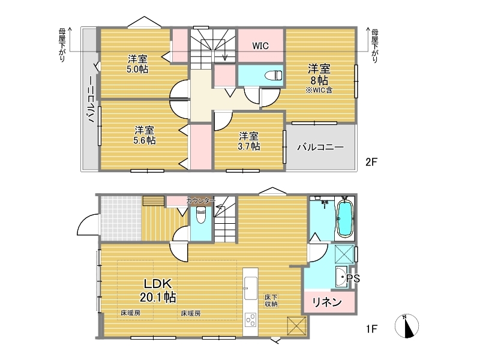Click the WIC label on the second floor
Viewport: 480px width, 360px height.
click(260, 46)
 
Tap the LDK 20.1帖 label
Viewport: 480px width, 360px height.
click(158, 290)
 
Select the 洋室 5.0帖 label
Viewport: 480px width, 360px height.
click(137, 64)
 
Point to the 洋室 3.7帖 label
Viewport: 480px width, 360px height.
click(249, 141)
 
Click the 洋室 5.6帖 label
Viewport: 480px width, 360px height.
click(145, 135)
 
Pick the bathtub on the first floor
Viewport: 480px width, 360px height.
click(346, 218)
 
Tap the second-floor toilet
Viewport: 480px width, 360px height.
click(273, 75)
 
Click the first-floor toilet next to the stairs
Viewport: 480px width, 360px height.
click(201, 215)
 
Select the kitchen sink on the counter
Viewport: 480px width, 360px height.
click(250, 289)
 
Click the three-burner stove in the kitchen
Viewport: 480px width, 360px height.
click(250, 320)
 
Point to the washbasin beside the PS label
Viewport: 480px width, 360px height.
click(341, 277)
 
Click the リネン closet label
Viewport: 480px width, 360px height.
click(327, 302)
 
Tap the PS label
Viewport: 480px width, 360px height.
click(353, 278)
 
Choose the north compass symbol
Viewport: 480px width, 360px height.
click(407, 326)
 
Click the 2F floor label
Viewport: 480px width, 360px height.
click(371, 161)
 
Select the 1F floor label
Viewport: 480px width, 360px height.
click(371, 329)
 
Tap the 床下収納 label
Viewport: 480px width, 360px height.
click(271, 301)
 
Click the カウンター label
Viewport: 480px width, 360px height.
click(200, 201)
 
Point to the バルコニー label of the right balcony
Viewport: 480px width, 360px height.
click(320, 147)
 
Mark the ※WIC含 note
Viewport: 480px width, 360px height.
click(319, 90)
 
